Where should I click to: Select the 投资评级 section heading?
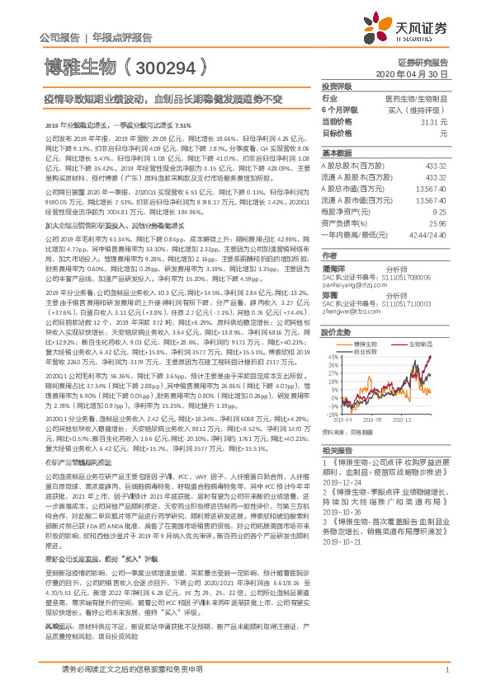pyautogui.click(x=336, y=87)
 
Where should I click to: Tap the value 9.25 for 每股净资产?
pyautogui.click(x=440, y=212)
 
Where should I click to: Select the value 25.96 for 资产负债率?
pyautogui.click(x=438, y=223)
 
